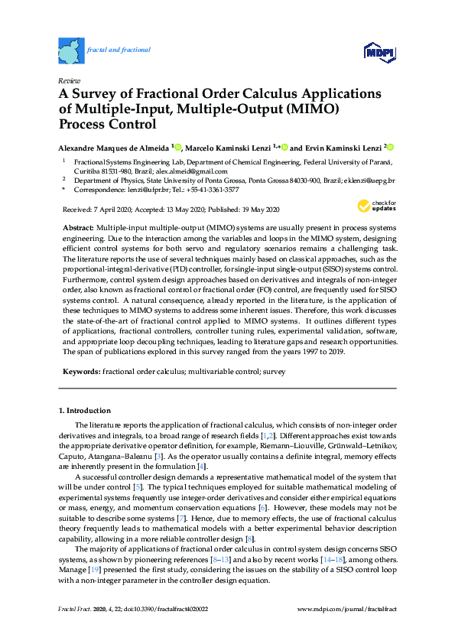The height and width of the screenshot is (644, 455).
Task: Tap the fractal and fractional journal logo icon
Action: pos(71,50)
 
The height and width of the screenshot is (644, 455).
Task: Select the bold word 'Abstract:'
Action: pos(78,229)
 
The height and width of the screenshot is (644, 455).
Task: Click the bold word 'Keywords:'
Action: pos(80,370)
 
